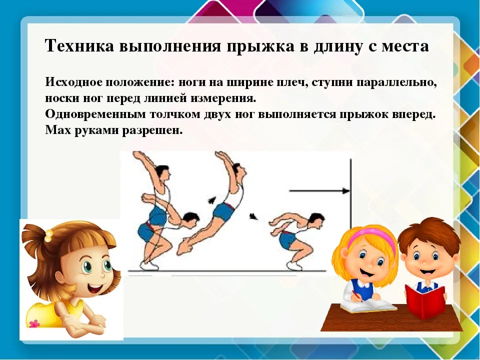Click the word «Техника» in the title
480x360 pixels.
point(80,46)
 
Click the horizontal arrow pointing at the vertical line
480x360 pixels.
point(319,191)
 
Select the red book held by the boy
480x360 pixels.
point(424,302)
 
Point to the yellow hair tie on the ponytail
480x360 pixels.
point(48,235)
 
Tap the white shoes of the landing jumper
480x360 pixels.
point(295,265)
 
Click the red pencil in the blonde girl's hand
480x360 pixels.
point(357,295)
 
